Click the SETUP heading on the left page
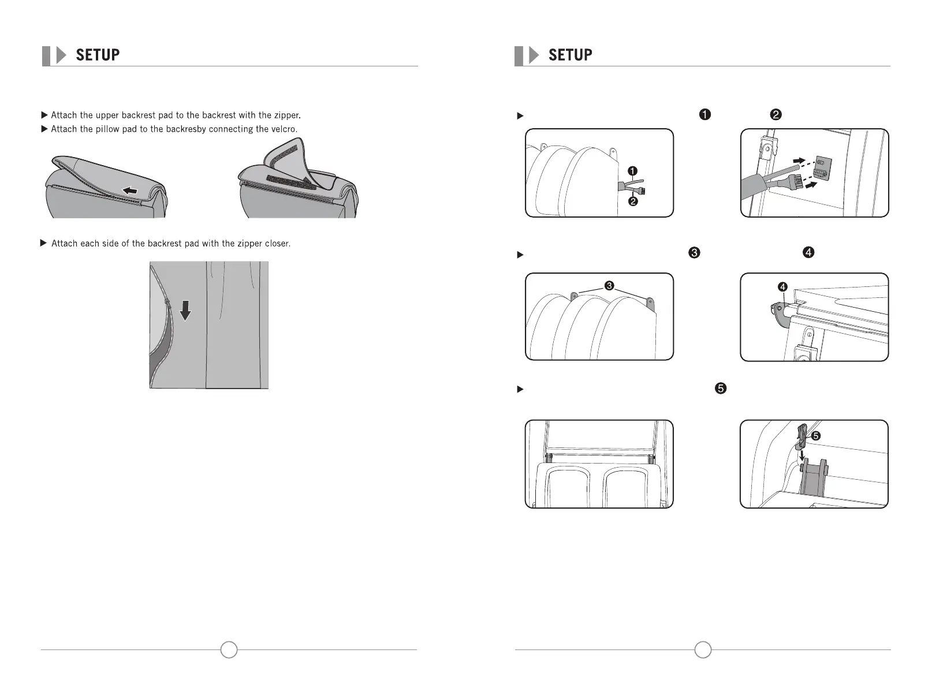(98, 55)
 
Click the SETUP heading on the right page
(570, 55)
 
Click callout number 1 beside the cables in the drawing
(632, 171)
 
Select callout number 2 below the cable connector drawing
(632, 201)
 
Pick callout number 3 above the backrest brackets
(609, 286)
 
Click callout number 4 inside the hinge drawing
(782, 287)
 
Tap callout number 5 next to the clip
(816, 436)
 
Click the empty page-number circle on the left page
(229, 649)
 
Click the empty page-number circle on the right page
(703, 649)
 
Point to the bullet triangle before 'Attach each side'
(43, 243)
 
